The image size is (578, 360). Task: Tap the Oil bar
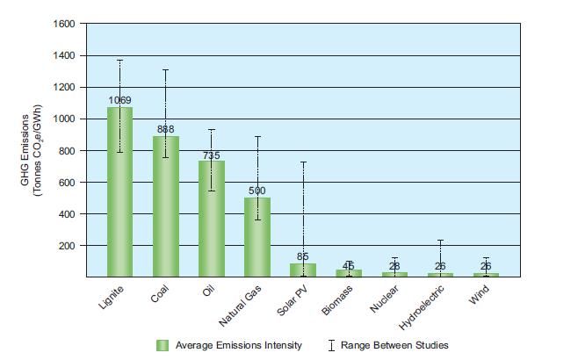[211, 219]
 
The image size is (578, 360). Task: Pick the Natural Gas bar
[256, 237]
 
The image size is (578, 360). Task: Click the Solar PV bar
[302, 270]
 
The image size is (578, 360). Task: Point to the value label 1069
[119, 101]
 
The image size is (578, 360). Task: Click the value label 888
[165, 129]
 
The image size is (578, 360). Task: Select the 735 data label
[211, 155]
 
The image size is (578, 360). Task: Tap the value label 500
[256, 191]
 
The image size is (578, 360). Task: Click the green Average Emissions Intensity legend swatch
[163, 345]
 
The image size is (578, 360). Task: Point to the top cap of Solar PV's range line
[302, 162]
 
